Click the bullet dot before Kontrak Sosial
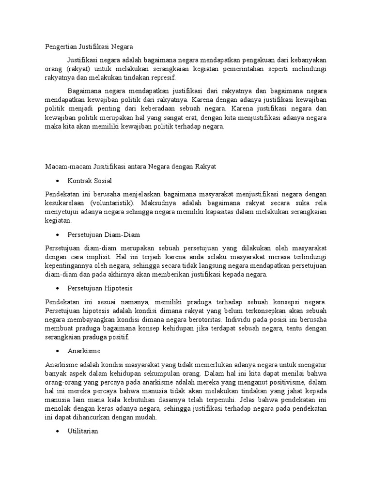tap(58, 181)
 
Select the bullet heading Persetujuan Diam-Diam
tap(104, 234)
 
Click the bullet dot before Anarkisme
tap(58, 351)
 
